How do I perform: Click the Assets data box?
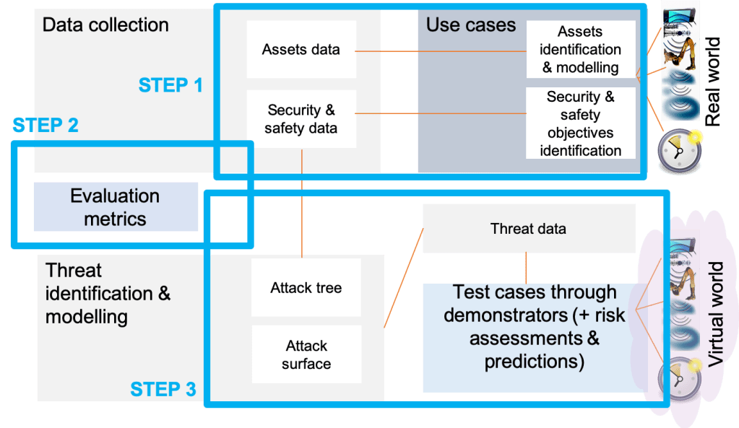coord(301,50)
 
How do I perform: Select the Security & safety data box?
coord(301,119)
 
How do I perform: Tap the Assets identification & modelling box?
coord(580,49)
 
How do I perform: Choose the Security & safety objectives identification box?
coord(580,123)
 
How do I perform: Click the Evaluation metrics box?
coord(116,207)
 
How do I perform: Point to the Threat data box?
coord(528,229)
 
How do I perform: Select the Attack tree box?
coord(306,288)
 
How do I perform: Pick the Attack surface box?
coord(306,354)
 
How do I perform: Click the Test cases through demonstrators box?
coord(533,327)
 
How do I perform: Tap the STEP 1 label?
coord(170,85)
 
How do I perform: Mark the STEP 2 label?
coord(46,126)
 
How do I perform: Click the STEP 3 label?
coord(163,390)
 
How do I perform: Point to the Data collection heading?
coord(105,25)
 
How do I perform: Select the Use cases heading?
coord(470,25)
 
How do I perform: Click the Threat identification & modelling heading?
coord(108,293)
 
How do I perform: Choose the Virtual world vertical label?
coord(715,315)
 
